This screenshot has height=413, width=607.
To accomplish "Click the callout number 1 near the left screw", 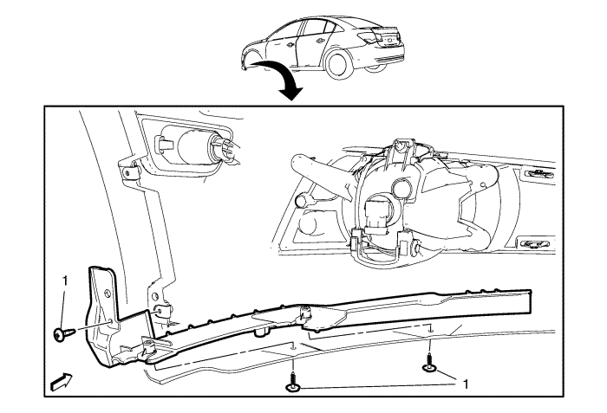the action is [x=65, y=281].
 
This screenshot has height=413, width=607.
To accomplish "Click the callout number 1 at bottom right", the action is [x=467, y=384].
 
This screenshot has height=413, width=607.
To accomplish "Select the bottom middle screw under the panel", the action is [x=293, y=381].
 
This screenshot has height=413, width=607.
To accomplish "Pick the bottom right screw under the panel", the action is [x=429, y=364].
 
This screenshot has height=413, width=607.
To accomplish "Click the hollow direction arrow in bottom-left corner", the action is [x=62, y=382].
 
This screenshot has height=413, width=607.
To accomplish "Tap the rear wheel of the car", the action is [x=338, y=65].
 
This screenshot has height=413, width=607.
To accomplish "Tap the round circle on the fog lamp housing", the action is [x=403, y=189].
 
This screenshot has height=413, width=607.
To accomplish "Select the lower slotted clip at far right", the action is [x=532, y=244].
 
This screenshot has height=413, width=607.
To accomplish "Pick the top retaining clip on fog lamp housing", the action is [x=400, y=147].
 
